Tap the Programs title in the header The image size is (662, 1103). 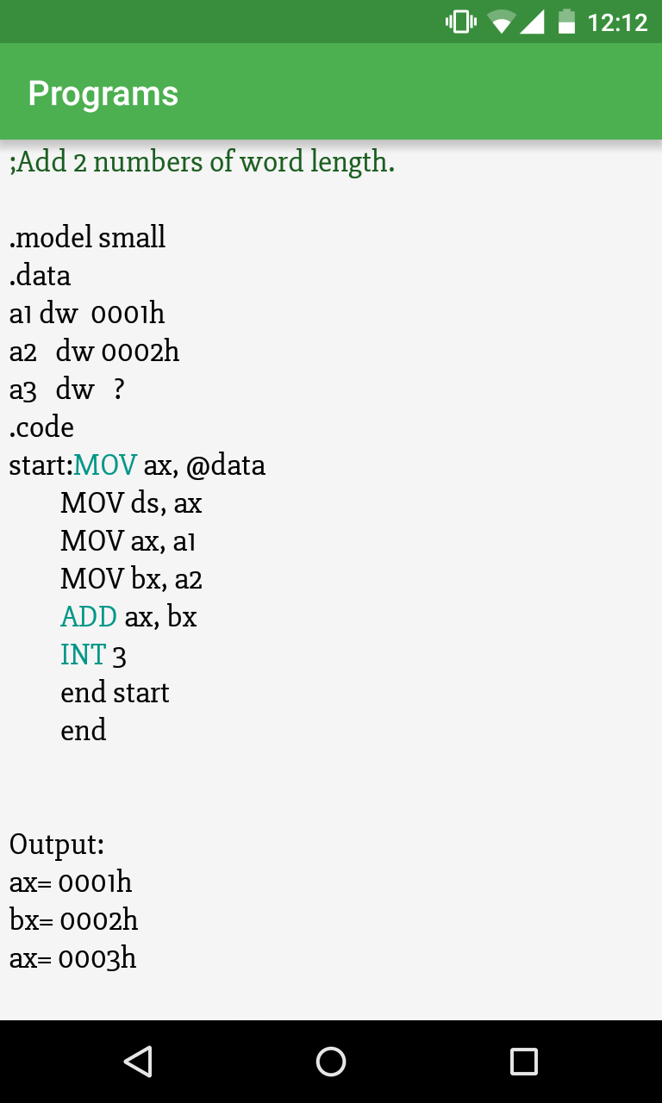click(103, 93)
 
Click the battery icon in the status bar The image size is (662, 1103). click(566, 22)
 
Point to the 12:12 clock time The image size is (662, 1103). click(617, 22)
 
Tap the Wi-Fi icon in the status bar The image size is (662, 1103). click(502, 22)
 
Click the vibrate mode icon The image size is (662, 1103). click(461, 22)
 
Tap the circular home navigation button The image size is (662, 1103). click(331, 1061)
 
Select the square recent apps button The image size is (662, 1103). click(523, 1061)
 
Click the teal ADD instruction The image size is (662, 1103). click(89, 617)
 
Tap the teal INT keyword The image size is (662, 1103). click(83, 655)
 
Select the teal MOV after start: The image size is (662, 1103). click(104, 465)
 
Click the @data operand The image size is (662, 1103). click(225, 465)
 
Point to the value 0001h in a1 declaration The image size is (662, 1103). click(128, 314)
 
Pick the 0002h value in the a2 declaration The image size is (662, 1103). click(141, 352)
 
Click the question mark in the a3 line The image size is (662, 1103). click(119, 389)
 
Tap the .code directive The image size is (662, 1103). click(41, 427)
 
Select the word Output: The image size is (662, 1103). click(57, 844)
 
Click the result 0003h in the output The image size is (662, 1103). click(97, 958)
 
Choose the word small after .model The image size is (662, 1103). click(132, 238)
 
